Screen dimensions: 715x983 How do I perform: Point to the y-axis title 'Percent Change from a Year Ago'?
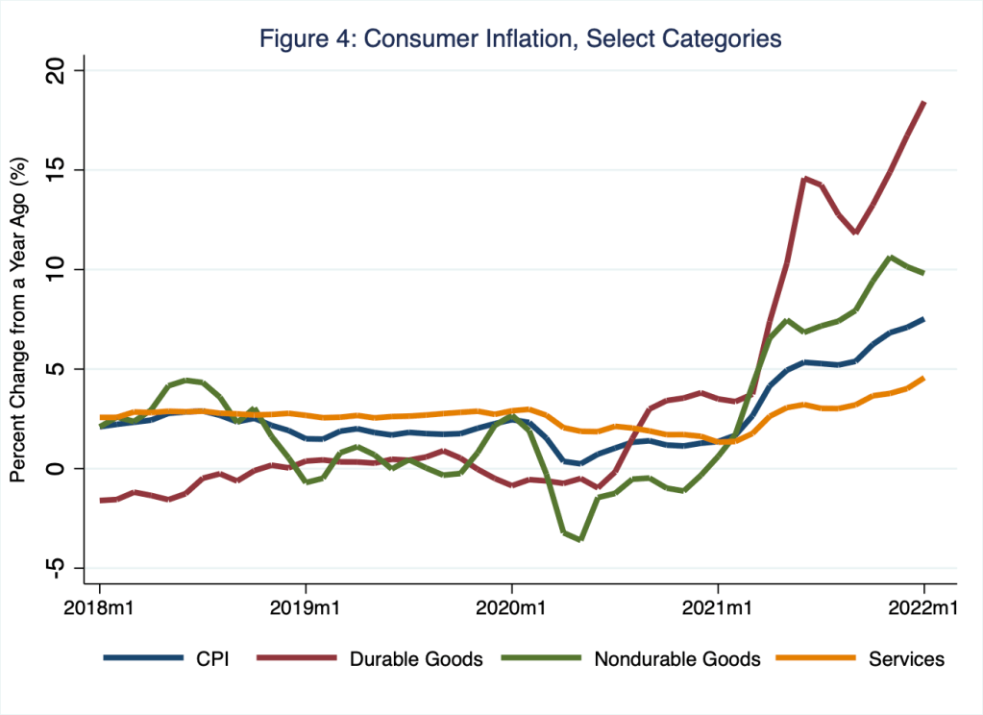[17, 317]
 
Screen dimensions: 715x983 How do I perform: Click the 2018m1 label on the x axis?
[99, 608]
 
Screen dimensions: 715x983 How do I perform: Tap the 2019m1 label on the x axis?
[306, 608]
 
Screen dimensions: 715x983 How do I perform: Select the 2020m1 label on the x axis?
[511, 608]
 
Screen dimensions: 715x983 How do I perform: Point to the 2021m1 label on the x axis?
[718, 608]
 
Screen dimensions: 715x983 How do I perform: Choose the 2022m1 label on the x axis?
[924, 608]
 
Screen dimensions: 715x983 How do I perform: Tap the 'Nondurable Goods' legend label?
[677, 659]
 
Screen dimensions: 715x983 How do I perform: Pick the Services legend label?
[906, 659]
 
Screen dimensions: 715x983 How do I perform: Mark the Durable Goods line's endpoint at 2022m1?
[924, 102]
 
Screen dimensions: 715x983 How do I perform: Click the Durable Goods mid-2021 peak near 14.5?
[804, 178]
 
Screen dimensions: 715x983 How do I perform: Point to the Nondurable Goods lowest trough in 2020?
[580, 539]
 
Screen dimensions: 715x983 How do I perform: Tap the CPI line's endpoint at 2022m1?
[924, 319]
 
